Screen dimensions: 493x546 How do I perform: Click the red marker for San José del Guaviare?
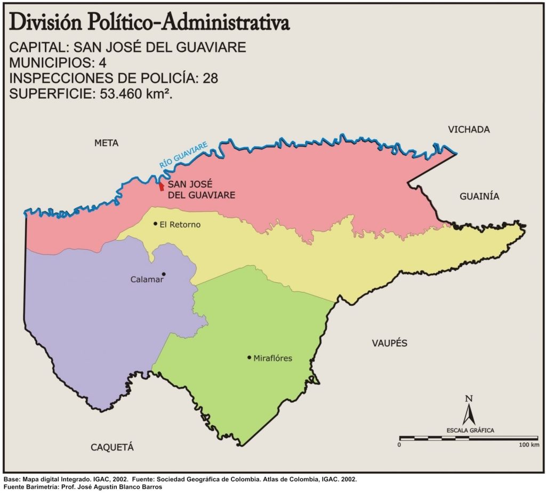point(161,187)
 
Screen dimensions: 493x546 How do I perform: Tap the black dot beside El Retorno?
point(155,224)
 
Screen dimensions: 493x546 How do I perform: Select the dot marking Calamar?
point(164,274)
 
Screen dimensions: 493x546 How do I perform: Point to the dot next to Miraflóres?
point(249,357)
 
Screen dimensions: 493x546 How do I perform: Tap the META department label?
point(106,143)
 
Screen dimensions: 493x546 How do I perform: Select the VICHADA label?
point(469,130)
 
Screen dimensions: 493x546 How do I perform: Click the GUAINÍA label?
point(479,196)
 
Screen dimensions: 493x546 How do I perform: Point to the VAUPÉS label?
point(389,343)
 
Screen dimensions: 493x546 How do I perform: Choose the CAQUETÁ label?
point(112,447)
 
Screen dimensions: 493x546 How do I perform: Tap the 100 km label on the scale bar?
point(528,444)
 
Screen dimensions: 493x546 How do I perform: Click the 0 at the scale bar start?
point(400,444)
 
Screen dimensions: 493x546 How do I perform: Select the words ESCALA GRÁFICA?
point(470,430)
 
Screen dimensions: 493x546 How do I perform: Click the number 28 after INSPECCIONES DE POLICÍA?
point(210,78)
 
